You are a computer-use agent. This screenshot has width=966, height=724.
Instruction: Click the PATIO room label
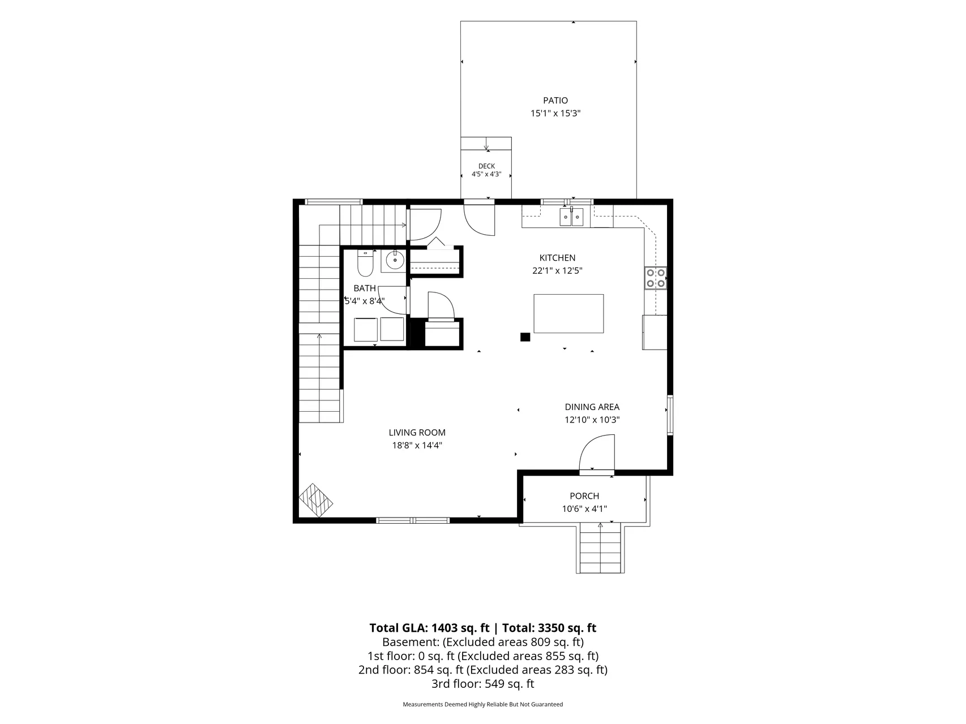[555, 101]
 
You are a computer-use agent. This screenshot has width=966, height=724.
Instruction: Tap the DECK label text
[486, 166]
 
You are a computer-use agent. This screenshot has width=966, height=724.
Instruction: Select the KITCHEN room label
[557, 258]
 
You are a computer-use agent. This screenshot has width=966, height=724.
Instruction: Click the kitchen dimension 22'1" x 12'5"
[557, 271]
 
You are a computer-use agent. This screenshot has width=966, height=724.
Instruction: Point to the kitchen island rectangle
[569, 313]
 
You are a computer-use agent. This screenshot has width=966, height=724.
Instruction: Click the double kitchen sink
[571, 217]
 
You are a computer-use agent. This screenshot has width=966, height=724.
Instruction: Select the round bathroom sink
[394, 261]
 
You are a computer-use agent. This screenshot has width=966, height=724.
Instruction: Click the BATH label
[365, 288]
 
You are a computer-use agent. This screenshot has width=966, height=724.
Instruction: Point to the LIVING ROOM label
[417, 433]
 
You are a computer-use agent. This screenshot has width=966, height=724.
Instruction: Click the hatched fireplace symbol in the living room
[316, 500]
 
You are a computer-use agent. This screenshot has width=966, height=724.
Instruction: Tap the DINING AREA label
[592, 407]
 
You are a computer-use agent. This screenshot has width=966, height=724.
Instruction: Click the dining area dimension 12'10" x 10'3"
[592, 420]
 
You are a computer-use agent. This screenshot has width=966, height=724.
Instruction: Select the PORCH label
[584, 496]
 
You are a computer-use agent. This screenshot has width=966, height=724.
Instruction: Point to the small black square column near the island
[525, 337]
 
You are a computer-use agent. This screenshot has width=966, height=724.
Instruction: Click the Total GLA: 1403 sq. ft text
[429, 628]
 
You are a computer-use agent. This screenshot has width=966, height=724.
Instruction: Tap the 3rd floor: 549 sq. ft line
[482, 684]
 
